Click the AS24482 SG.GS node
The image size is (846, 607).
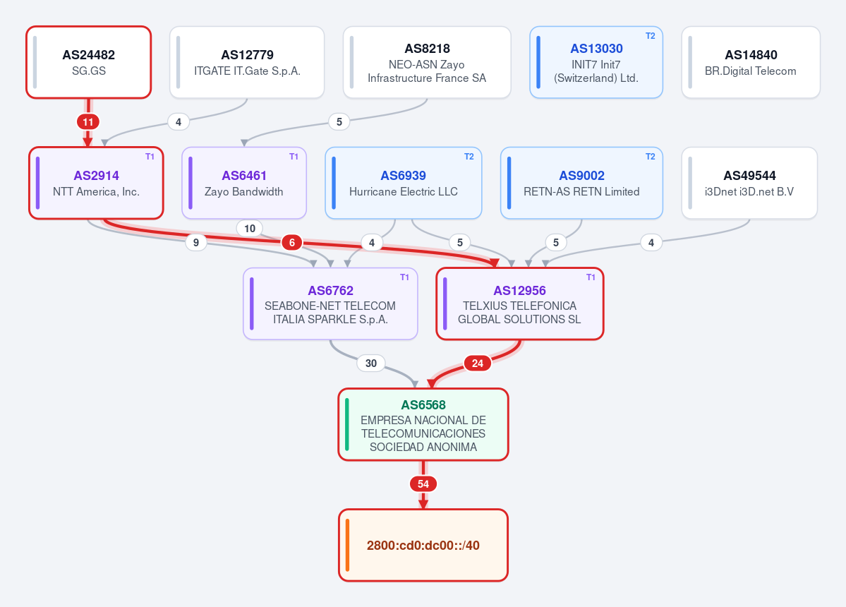[x=88, y=62]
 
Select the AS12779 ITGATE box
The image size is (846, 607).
[x=247, y=62]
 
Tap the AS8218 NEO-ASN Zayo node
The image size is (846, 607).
[x=427, y=62]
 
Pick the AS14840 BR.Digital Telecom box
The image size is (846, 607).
[x=751, y=62]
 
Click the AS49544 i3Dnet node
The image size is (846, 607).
[x=749, y=183]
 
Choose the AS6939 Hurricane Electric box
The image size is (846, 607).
[x=403, y=183]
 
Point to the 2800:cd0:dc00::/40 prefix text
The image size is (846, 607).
[x=423, y=546]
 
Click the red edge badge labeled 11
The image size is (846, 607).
[x=88, y=122]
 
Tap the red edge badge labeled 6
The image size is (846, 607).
[x=292, y=243]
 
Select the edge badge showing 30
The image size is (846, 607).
[x=370, y=363]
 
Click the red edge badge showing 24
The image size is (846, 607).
[x=478, y=363]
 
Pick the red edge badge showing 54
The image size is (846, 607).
[x=423, y=484]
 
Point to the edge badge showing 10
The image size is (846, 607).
[x=250, y=229]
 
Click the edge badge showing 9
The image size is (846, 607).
[x=196, y=243]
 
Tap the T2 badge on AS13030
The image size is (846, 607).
[x=650, y=35]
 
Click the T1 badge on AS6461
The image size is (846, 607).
[x=294, y=157]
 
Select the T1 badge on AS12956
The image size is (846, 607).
[x=591, y=277]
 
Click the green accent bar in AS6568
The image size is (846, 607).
[x=347, y=425]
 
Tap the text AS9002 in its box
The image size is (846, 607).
[x=581, y=175]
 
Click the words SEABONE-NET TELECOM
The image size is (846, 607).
[x=330, y=306]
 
